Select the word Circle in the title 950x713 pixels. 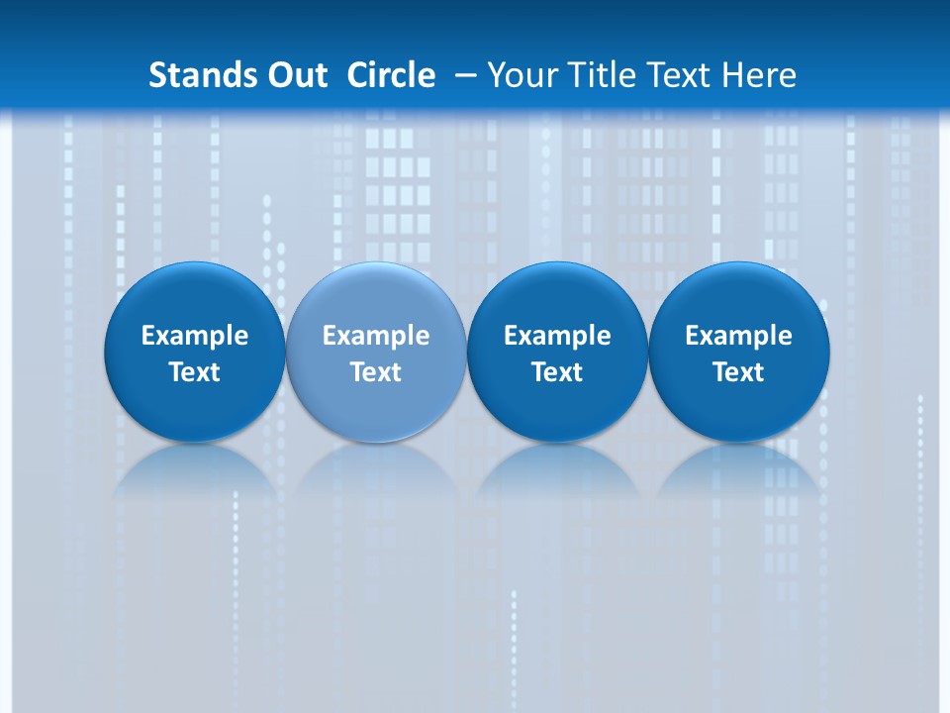(x=391, y=75)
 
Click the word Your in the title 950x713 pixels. (x=519, y=75)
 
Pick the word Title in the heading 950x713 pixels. (x=596, y=75)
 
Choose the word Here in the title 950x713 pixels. (x=759, y=75)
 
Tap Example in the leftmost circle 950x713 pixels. (x=195, y=336)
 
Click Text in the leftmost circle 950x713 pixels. (x=195, y=372)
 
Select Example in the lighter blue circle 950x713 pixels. (x=376, y=336)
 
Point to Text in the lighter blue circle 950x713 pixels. (x=376, y=372)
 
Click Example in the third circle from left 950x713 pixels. (x=557, y=336)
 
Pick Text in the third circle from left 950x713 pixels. (x=557, y=372)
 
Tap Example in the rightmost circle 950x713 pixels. (x=738, y=336)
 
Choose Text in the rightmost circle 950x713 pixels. (x=738, y=372)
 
